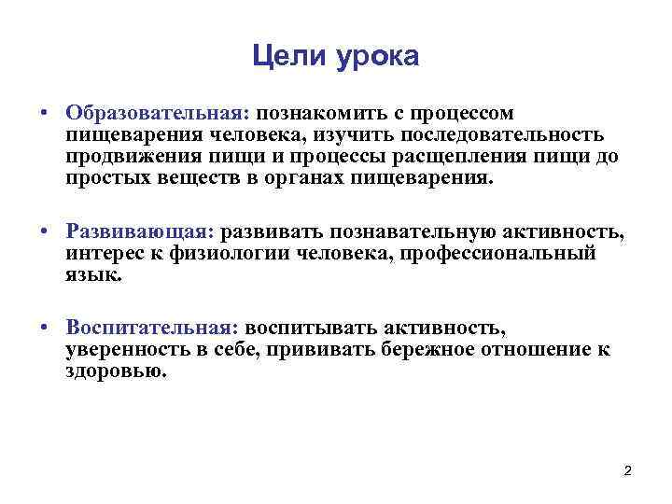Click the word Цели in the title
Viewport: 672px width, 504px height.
tap(285, 57)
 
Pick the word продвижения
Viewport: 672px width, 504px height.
tap(127, 156)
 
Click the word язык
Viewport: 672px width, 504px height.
tap(92, 276)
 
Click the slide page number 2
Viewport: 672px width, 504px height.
tap(627, 470)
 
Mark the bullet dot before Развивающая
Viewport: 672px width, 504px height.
tap(44, 232)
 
